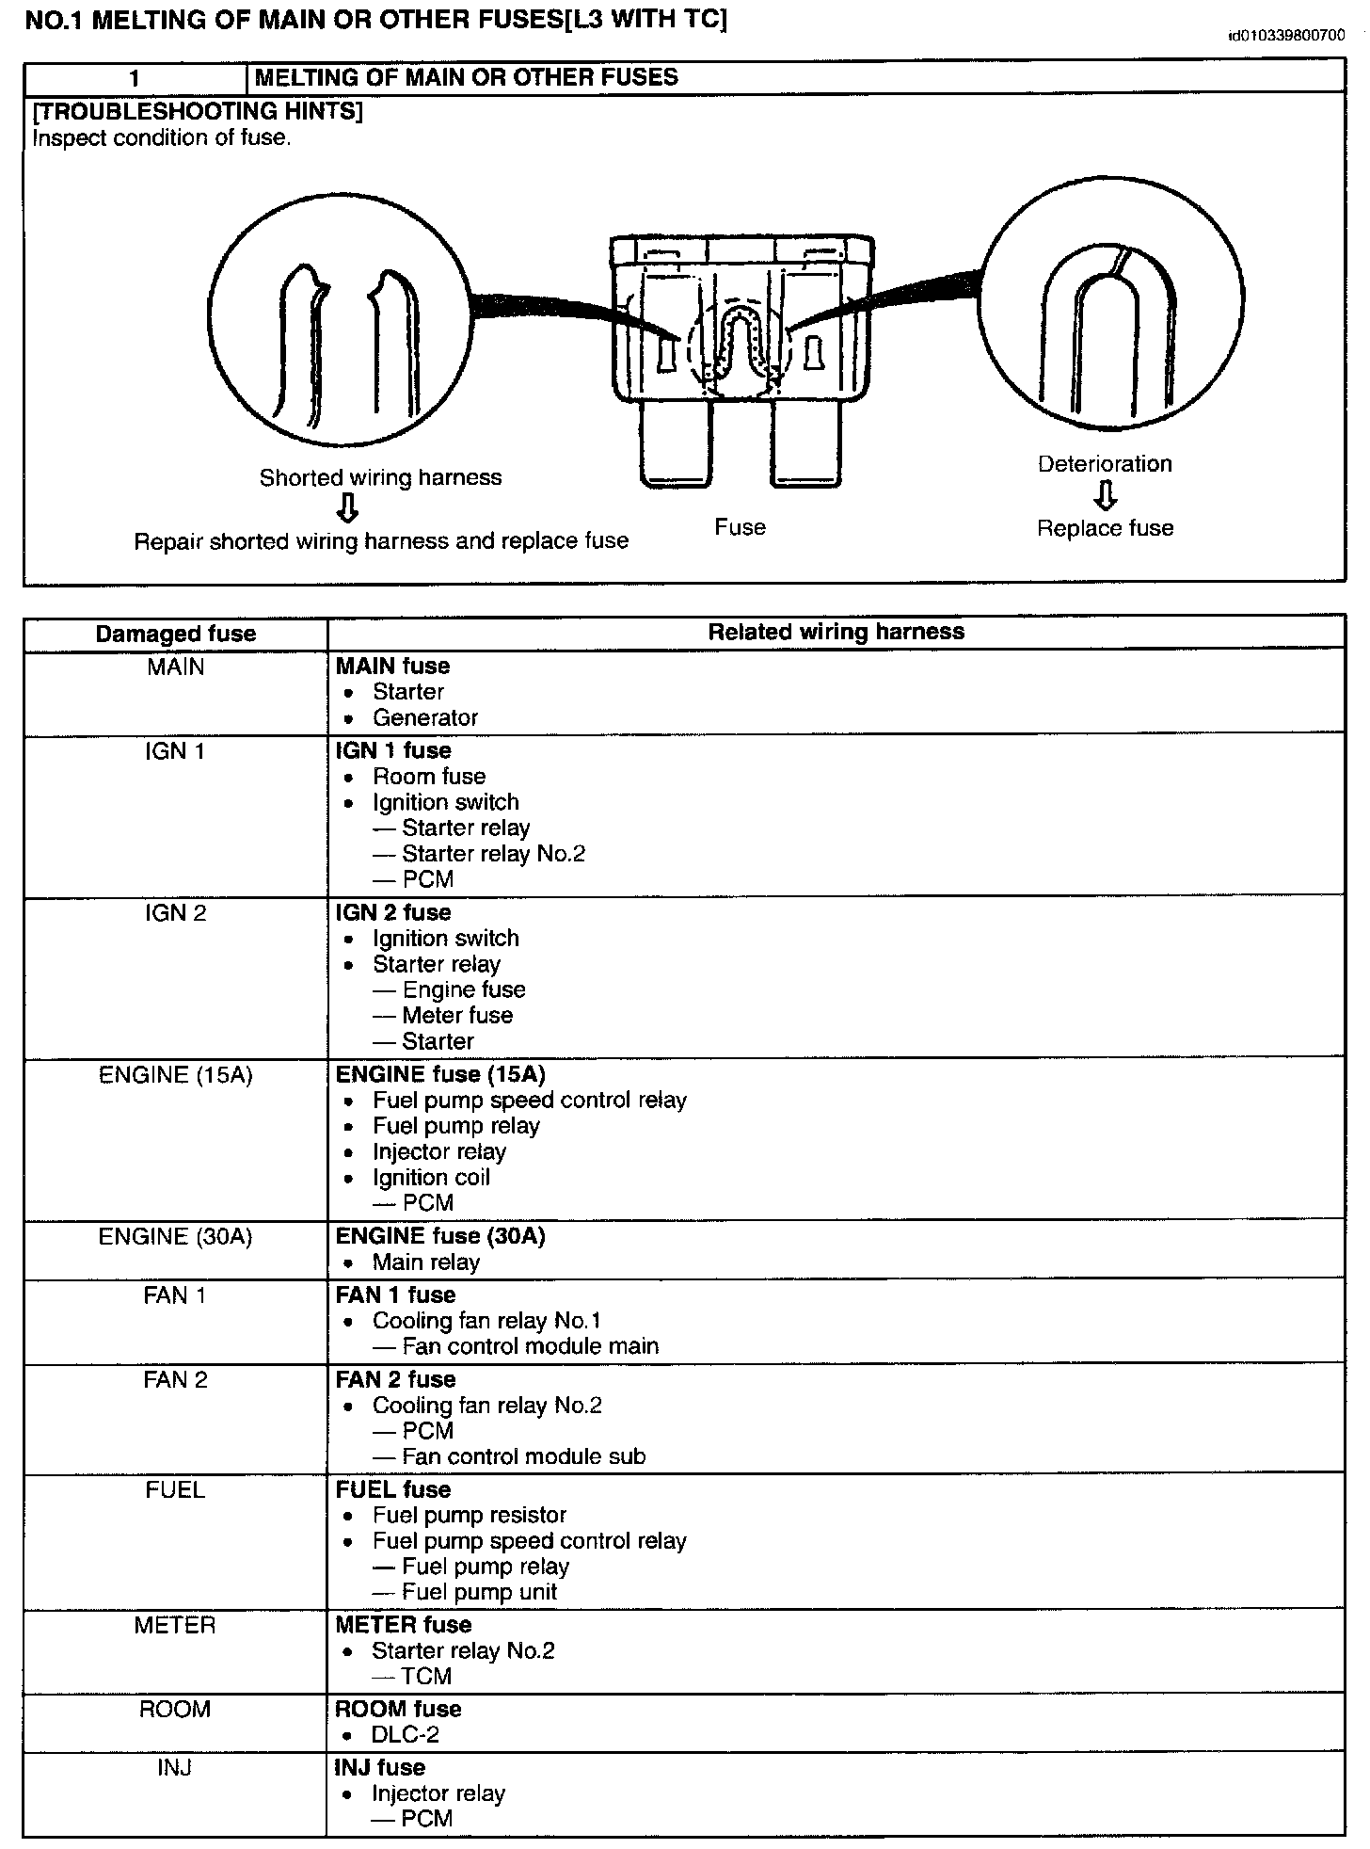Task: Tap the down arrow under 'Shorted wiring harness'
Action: tap(348, 508)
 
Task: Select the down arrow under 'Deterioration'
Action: tap(1106, 495)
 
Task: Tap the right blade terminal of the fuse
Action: tap(804, 442)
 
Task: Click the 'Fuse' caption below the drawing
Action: tap(740, 527)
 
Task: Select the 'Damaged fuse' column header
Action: tap(176, 634)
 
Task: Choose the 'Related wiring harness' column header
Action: tap(836, 632)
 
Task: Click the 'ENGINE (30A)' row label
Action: tap(176, 1236)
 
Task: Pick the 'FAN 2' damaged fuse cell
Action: tap(176, 1380)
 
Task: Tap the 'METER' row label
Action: tap(175, 1625)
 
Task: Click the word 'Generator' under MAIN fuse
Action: tap(425, 717)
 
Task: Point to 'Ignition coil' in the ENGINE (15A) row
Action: tap(431, 1177)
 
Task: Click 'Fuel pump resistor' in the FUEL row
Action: tap(470, 1515)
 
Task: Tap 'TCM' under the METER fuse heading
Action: tap(426, 1676)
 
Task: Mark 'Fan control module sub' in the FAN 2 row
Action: tap(523, 1456)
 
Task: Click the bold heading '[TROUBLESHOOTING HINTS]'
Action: tap(198, 111)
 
